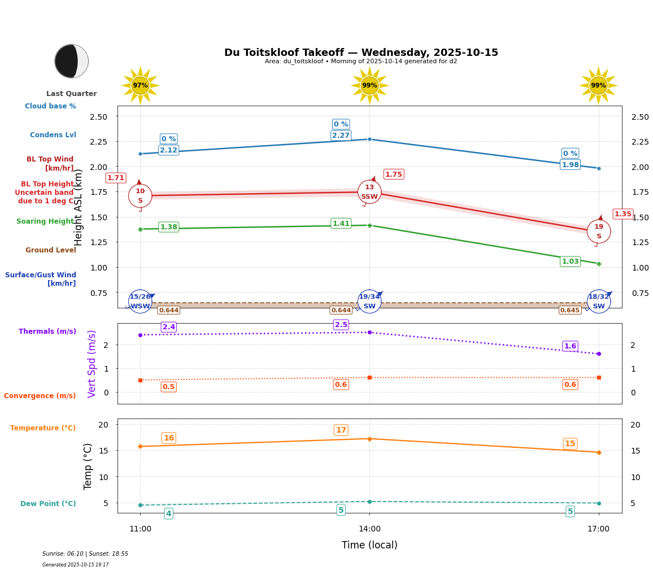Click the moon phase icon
(72, 61)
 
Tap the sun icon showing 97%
(140, 85)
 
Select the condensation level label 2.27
(341, 136)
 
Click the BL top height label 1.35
(623, 214)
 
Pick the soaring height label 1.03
(570, 261)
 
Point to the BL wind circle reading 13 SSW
(369, 192)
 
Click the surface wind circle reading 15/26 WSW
(140, 301)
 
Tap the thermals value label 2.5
(341, 325)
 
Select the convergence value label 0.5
(168, 387)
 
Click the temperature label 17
(341, 430)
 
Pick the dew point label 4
(168, 513)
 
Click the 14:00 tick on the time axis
(369, 529)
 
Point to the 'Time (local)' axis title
(369, 545)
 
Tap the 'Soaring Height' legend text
(45, 221)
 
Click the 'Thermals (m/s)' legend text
(47, 332)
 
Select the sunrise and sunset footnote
(85, 554)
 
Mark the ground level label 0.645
(570, 310)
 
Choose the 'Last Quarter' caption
(72, 94)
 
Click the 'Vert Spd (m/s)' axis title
(92, 364)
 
